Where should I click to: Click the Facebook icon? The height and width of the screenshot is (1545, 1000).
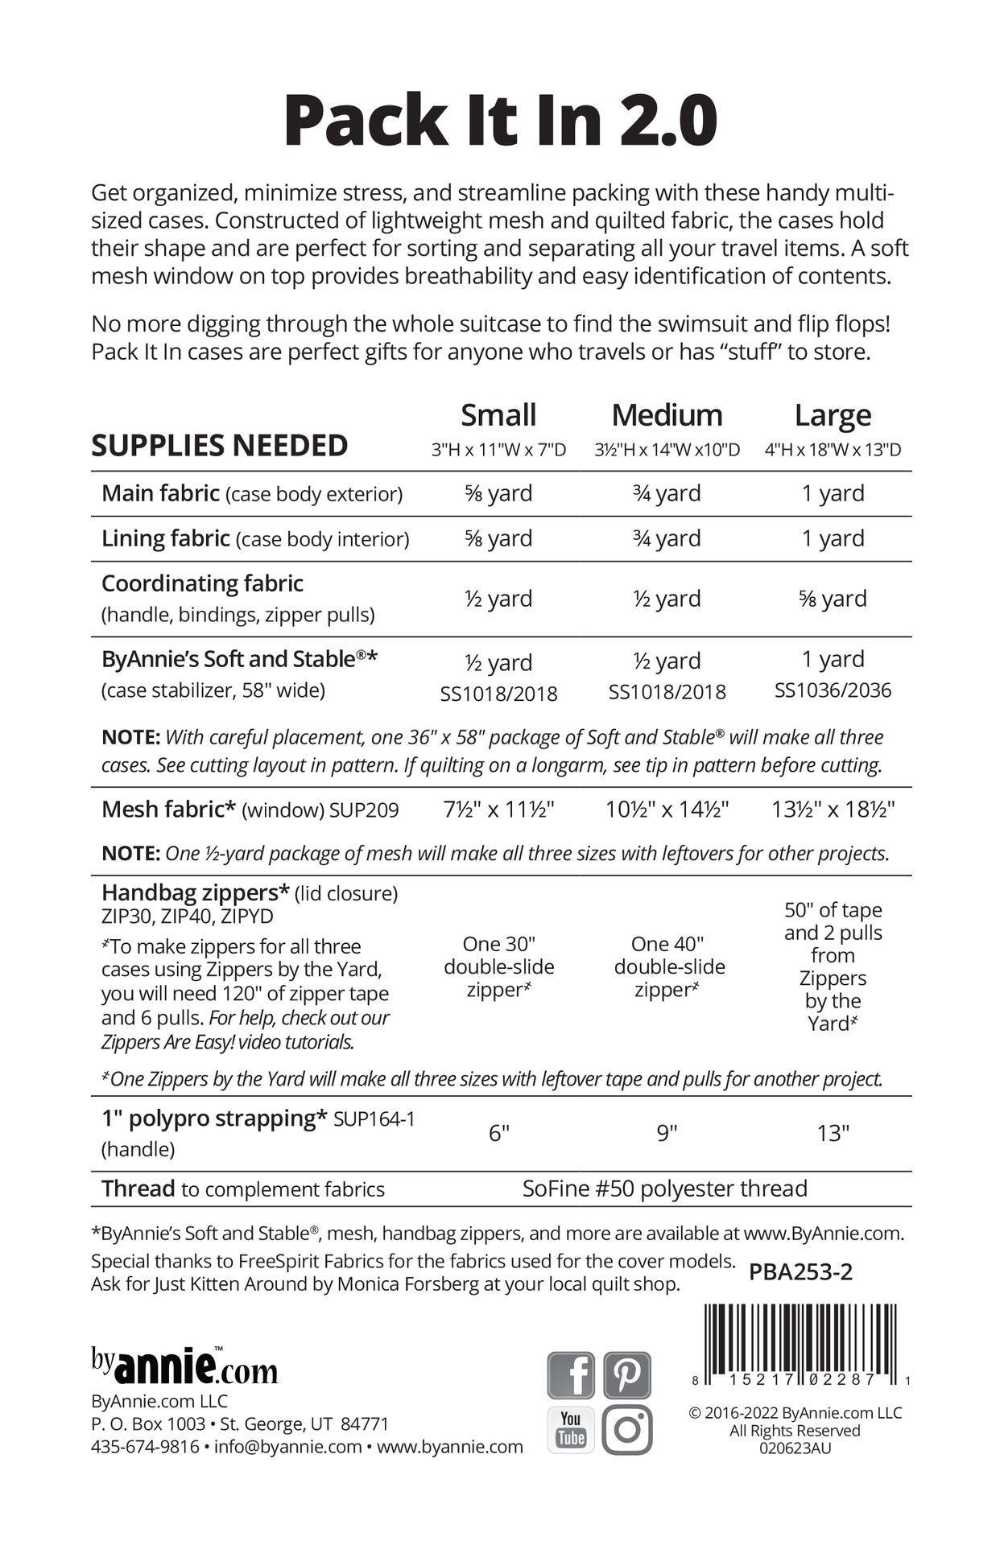click(x=571, y=1375)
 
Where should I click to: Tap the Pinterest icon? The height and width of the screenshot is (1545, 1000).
click(x=627, y=1375)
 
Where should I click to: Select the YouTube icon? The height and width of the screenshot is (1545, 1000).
click(x=571, y=1430)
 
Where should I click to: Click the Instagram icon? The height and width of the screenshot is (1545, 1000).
click(x=627, y=1430)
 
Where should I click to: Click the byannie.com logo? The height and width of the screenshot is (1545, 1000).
click(x=184, y=1367)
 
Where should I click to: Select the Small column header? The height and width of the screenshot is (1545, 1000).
click(x=498, y=415)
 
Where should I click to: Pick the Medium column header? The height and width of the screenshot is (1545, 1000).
click(x=667, y=415)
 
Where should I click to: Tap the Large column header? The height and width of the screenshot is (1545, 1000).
click(x=833, y=415)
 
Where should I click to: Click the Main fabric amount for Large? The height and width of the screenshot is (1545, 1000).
click(x=833, y=493)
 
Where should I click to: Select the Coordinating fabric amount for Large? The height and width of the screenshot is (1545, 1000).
click(x=833, y=599)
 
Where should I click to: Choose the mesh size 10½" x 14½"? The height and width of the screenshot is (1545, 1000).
click(x=667, y=809)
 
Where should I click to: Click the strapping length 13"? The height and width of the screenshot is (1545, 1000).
click(x=833, y=1133)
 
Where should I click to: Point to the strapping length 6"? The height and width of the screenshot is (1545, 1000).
click(x=499, y=1133)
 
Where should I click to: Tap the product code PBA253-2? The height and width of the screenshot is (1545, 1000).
click(x=800, y=1271)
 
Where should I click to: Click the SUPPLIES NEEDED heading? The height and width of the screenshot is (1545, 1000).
click(x=219, y=446)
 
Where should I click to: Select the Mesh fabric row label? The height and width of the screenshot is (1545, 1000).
click(x=167, y=809)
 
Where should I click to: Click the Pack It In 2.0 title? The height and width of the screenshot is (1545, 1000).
click(x=500, y=121)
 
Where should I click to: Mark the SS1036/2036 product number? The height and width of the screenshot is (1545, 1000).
click(x=833, y=690)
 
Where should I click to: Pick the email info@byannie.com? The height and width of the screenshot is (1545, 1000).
click(x=287, y=1446)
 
